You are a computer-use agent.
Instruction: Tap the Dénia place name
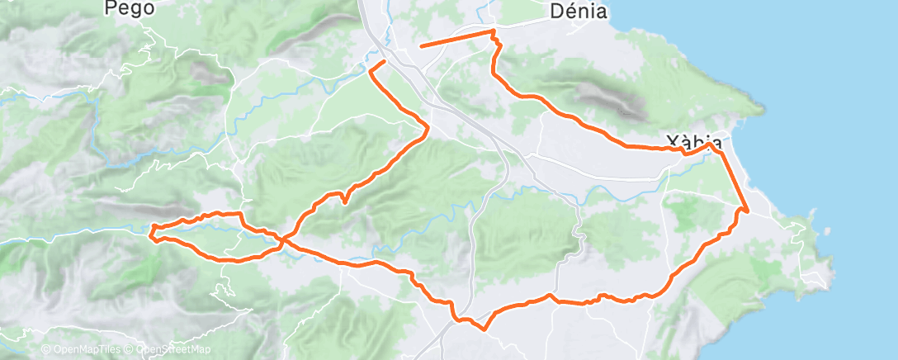pyautogui.click(x=579, y=12)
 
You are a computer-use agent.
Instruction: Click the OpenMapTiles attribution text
pyautogui.click(x=84, y=350)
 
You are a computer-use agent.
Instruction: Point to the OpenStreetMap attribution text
pyautogui.click(x=173, y=350)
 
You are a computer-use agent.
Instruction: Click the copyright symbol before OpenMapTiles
pyautogui.click(x=46, y=350)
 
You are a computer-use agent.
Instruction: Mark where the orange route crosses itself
pyautogui.click(x=282, y=240)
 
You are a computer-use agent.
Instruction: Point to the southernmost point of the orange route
pyautogui.click(x=484, y=328)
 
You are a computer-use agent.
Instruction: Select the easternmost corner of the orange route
pyautogui.click(x=747, y=211)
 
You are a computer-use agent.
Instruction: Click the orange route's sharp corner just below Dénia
pyautogui.click(x=494, y=31)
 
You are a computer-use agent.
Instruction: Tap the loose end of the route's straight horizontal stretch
pyautogui.click(x=421, y=46)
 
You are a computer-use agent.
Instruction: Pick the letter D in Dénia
pyautogui.click(x=556, y=12)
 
